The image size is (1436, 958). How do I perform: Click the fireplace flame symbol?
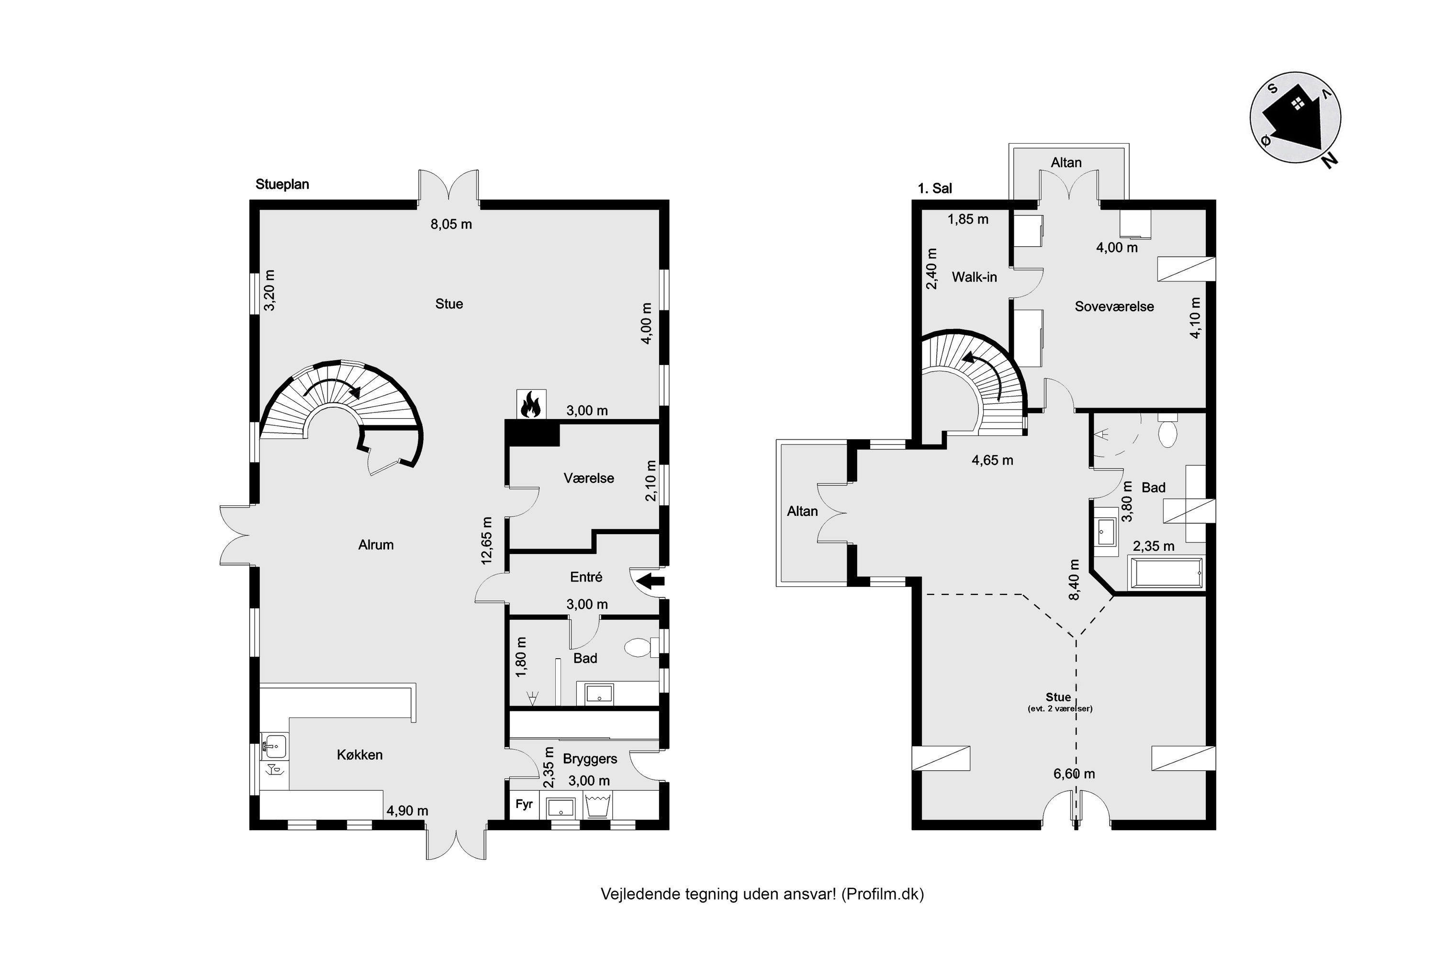pos(530,404)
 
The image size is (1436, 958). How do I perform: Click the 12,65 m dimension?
pos(487,540)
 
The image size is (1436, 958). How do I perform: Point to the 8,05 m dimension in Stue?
pos(451,224)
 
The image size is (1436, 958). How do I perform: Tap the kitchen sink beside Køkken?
pos(275,745)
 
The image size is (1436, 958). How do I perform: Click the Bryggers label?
pos(590,759)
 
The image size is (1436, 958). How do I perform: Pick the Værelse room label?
pos(589,479)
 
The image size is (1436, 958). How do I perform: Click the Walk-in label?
pos(975,277)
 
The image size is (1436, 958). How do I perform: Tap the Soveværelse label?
pos(1114,307)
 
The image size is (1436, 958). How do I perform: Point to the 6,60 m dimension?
pos(1074,774)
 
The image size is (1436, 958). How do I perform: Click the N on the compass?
pos(1329,160)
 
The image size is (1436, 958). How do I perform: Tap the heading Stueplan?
pos(282,184)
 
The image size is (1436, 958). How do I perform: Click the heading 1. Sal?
pos(935,189)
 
